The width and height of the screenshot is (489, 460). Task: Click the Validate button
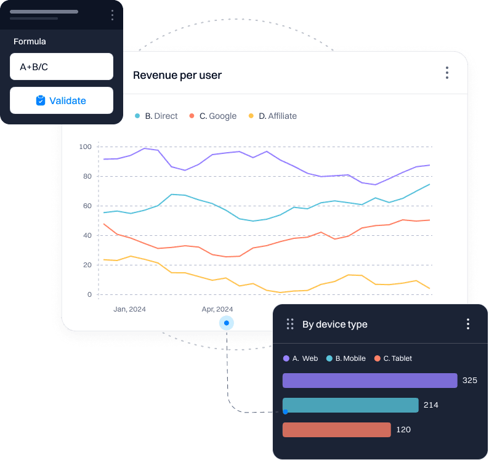pos(62,100)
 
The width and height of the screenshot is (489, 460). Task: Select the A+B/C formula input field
pos(62,67)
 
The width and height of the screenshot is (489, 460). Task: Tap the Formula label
pos(30,42)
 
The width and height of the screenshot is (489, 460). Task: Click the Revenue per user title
pos(177,75)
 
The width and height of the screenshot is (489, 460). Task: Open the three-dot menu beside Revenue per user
pos(447,73)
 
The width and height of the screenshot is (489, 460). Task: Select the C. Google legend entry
pos(213,116)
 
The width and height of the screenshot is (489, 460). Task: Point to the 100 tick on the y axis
pos(85,147)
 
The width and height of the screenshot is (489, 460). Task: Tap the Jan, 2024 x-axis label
pos(129,309)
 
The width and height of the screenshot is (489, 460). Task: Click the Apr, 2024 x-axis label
pos(217,309)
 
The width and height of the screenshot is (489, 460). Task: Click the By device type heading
pos(334,325)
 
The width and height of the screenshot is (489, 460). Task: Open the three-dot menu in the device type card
pos(468,324)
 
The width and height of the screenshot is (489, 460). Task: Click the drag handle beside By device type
pos(289,324)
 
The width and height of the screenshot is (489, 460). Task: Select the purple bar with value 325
pos(370,381)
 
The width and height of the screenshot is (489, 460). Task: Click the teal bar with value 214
pos(350,405)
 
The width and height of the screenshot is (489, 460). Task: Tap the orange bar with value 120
pos(336,430)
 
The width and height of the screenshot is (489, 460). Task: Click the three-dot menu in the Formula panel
pos(111,15)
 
